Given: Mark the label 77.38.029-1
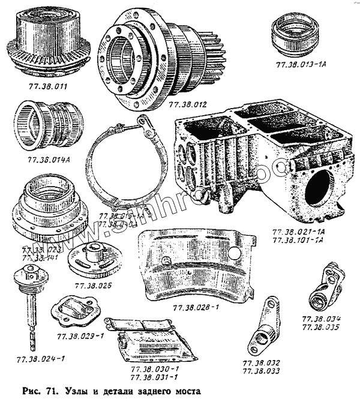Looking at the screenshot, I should pos(80,336).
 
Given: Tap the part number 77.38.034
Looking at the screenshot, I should pos(322,319).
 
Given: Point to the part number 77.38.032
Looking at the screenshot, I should pos(262,363).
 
